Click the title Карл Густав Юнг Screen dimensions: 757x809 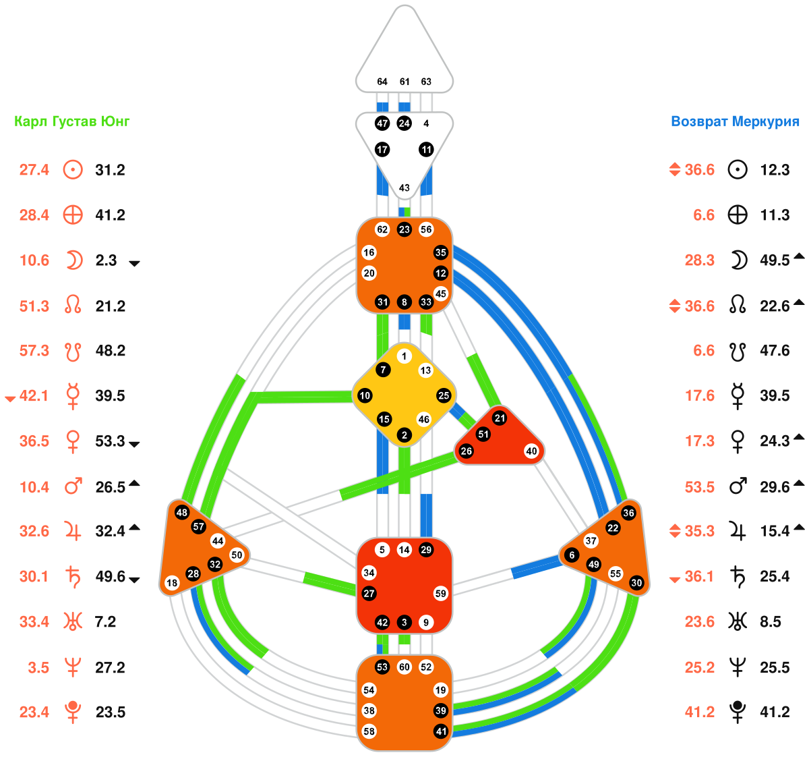pos(72,121)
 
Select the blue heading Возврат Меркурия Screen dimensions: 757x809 pos(735,121)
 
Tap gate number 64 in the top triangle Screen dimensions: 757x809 pos(382,82)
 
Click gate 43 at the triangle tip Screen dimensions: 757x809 pos(404,188)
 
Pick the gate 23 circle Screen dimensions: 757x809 pos(404,229)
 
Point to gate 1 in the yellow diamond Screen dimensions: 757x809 pos(404,356)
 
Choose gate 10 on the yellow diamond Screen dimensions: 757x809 pos(365,395)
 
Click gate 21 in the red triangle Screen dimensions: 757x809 pos(500,418)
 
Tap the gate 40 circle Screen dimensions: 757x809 pos(532,451)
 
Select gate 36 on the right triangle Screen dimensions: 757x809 pos(629,513)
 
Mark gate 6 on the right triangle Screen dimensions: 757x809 pos(572,555)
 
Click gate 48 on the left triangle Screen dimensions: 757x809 pos(181,513)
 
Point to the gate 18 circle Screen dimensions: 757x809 pos(172,583)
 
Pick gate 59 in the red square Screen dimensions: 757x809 pos(441,594)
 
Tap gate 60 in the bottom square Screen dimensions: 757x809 pos(404,667)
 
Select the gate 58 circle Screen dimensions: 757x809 pos(369,731)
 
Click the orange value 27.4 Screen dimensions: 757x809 pos(34,170)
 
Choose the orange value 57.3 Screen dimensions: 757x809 pos(34,351)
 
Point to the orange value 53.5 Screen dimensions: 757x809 pos(700,486)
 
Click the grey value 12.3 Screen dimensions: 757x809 pos(775,170)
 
